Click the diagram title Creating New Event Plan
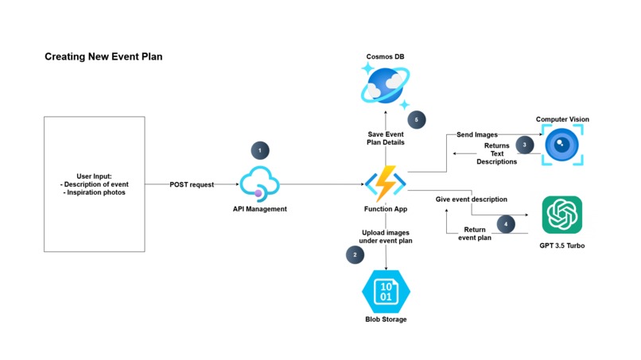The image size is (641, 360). pyautogui.click(x=103, y=57)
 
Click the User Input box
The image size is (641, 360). pyautogui.click(x=94, y=184)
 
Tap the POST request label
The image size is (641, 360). pyautogui.click(x=192, y=184)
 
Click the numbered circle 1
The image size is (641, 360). pyautogui.click(x=259, y=149)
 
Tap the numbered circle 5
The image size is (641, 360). pyautogui.click(x=415, y=119)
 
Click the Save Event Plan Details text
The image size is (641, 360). pyautogui.click(x=386, y=138)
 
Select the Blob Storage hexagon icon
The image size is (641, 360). pyautogui.click(x=386, y=290)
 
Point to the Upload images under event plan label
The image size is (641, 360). pyautogui.click(x=386, y=235)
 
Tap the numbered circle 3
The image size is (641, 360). pyautogui.click(x=524, y=145)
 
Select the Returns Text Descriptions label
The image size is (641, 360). pyautogui.click(x=496, y=153)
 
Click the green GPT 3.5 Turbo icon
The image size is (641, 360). pyautogui.click(x=561, y=215)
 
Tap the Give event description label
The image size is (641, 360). pyautogui.click(x=472, y=199)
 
